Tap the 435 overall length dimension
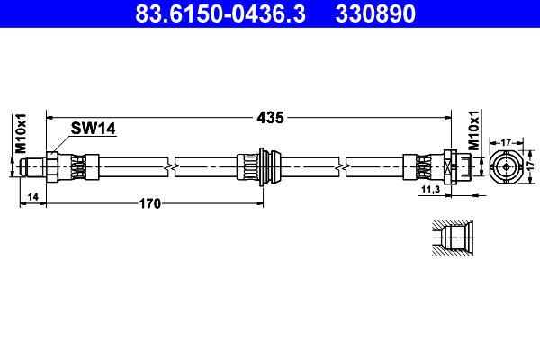(x=271, y=117)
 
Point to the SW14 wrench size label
(x=94, y=129)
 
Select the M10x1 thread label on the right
(x=473, y=133)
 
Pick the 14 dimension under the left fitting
(x=31, y=195)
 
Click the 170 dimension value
(x=148, y=204)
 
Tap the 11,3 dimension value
(x=430, y=190)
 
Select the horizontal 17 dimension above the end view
(x=506, y=141)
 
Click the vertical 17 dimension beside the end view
(x=531, y=167)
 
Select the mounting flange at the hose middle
(x=264, y=167)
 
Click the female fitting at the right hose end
(x=453, y=167)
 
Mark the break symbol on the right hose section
(x=342, y=167)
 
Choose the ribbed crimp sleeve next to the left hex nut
(x=81, y=167)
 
